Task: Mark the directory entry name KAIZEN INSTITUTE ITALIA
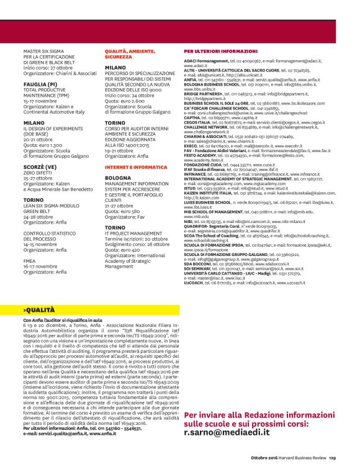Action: click(x=210, y=193)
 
